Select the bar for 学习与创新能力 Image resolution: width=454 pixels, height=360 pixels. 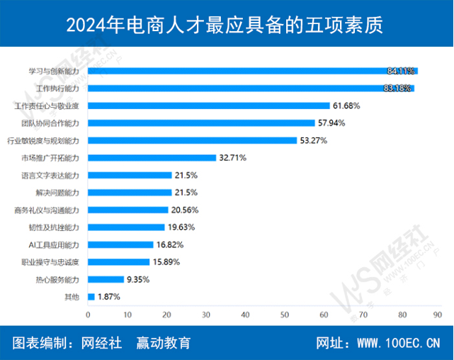(x=252, y=71)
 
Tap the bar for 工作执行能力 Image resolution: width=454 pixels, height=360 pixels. (x=251, y=89)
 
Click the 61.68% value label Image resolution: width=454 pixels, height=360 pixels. (x=346, y=106)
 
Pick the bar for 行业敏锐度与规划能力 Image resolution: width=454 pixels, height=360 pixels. (x=192, y=140)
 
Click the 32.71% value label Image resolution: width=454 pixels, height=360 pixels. (x=233, y=157)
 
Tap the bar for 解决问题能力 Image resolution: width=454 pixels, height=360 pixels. (x=130, y=192)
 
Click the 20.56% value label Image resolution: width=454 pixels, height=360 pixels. (x=184, y=210)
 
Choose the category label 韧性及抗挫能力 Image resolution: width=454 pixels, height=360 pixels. (x=59, y=227)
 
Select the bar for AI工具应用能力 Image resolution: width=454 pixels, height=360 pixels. (x=120, y=244)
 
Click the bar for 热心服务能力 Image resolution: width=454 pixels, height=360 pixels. (x=106, y=279)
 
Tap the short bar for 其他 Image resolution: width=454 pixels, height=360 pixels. (x=91, y=296)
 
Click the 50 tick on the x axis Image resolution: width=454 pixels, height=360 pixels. (x=285, y=315)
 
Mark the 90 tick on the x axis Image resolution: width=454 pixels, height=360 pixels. (x=442, y=315)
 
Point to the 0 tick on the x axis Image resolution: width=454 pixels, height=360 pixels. (x=89, y=315)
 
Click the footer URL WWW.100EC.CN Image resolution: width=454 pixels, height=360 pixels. (x=398, y=344)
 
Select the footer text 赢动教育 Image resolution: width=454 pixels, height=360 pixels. (x=163, y=344)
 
